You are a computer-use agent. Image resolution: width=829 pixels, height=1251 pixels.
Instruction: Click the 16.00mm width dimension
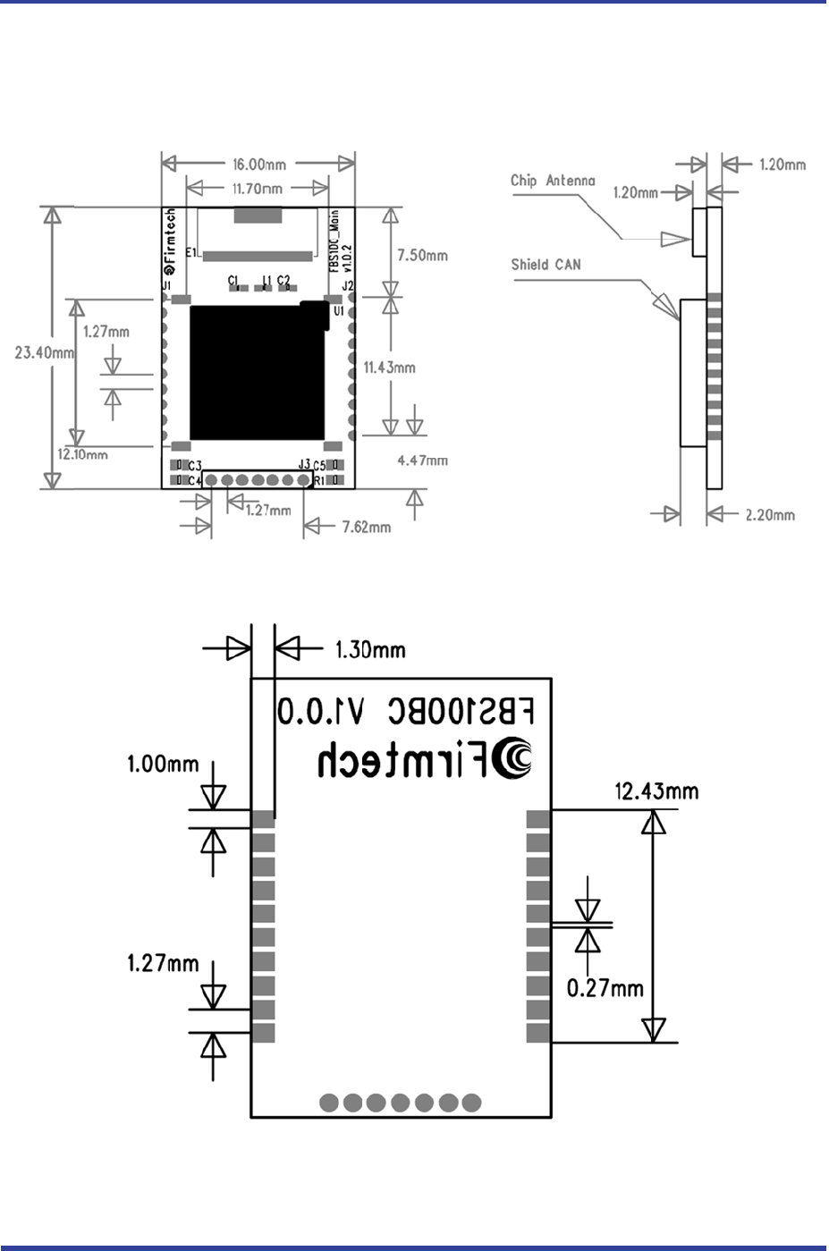[259, 165]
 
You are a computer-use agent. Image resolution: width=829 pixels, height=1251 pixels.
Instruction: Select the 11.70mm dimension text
[258, 189]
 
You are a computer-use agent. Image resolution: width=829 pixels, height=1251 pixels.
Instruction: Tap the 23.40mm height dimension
[45, 353]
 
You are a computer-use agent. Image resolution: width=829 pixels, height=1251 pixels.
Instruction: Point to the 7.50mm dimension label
[422, 256]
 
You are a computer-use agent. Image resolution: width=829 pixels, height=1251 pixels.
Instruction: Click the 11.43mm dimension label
[389, 368]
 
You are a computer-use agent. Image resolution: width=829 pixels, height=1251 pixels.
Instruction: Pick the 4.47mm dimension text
[422, 461]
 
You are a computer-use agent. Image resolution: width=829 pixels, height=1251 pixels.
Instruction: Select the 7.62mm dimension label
[367, 527]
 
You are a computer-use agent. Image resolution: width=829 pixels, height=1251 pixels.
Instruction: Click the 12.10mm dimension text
[83, 454]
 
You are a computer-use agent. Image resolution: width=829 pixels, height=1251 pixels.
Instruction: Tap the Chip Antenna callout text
[553, 181]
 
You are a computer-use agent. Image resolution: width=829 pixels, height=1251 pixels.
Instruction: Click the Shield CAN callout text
[546, 265]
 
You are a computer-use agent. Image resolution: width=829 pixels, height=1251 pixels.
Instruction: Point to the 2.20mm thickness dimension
[770, 515]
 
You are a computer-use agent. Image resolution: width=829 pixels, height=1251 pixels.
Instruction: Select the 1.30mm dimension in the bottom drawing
[370, 650]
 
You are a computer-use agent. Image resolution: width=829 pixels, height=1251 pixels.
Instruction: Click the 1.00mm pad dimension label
[163, 765]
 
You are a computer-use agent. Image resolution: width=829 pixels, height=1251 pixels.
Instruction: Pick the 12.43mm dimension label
[656, 791]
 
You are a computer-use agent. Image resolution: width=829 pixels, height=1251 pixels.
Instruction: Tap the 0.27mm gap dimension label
[605, 988]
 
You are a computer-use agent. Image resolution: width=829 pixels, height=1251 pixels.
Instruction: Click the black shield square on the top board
[257, 372]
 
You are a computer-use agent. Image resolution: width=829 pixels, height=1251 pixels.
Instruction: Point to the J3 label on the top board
[304, 464]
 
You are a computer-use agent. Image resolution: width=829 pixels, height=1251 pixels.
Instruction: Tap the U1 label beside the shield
[338, 311]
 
